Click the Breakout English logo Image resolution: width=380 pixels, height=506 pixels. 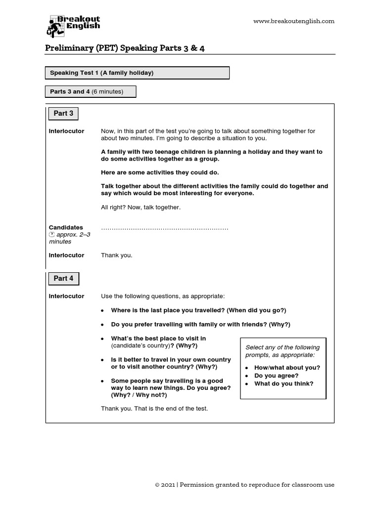pos(73,26)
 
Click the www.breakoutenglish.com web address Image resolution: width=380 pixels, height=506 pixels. pos(293,21)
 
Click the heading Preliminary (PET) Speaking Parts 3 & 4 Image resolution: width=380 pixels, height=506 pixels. pos(125,48)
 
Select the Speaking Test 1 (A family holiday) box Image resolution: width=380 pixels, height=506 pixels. pos(137,73)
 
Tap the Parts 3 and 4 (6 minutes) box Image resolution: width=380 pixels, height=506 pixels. pos(90,92)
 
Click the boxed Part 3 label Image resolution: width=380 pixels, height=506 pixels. pos(63,114)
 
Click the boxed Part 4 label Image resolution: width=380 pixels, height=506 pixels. pos(63,279)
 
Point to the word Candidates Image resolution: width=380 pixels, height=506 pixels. pos(66,228)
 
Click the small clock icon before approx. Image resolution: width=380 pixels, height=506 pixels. pos(51,235)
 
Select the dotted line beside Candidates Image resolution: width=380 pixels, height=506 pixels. pos(164,228)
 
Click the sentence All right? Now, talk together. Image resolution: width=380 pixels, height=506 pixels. pos(141,208)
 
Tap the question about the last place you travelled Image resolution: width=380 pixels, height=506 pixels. pos(198,310)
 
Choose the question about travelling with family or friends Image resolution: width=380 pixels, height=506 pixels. pos(200,325)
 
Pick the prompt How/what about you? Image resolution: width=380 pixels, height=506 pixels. pos(287,368)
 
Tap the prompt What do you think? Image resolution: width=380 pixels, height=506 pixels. pos(284,384)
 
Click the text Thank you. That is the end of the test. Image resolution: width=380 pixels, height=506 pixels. pos(154,409)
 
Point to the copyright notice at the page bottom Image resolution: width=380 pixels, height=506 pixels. pos(244,485)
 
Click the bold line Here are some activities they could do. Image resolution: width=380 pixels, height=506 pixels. pos(160,172)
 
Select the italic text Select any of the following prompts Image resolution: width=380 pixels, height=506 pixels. pos(283,351)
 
